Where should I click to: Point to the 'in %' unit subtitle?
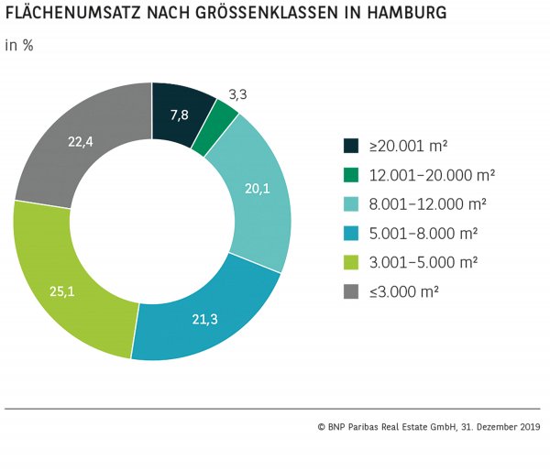(x=19, y=45)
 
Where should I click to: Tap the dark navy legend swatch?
(x=351, y=146)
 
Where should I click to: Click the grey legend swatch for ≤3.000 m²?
(x=351, y=292)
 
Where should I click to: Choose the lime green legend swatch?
(x=351, y=263)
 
